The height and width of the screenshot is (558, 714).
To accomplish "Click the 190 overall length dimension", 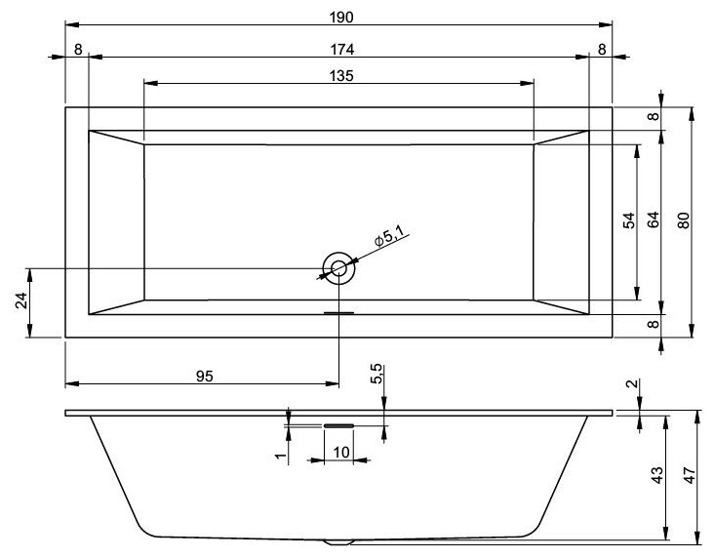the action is coord(339,15).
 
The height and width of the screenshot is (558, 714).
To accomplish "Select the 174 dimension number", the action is coord(339,48).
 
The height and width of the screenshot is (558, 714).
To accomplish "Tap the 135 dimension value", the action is coord(339,75).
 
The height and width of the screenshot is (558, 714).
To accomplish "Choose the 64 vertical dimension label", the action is coord(653,221).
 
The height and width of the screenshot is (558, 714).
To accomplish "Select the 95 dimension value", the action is coord(204,376).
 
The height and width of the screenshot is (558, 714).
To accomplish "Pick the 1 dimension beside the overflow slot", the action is coord(279,455).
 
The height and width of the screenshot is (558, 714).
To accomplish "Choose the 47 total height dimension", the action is coord(688,475).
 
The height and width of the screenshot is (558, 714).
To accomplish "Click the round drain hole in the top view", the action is coord(338,267).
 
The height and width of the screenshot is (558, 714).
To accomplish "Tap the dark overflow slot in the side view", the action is coord(338,425).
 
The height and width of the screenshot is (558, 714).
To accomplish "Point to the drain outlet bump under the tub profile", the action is coord(338,541).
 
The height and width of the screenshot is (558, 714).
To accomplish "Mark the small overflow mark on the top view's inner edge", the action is coord(338,313).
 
